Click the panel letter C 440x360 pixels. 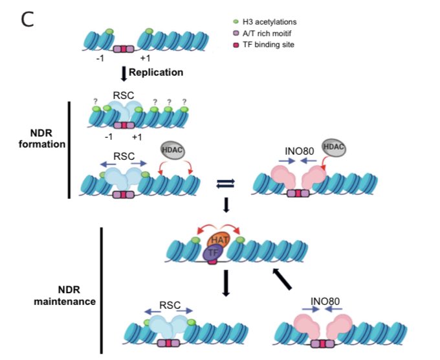27,19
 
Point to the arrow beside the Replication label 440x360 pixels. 123,73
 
